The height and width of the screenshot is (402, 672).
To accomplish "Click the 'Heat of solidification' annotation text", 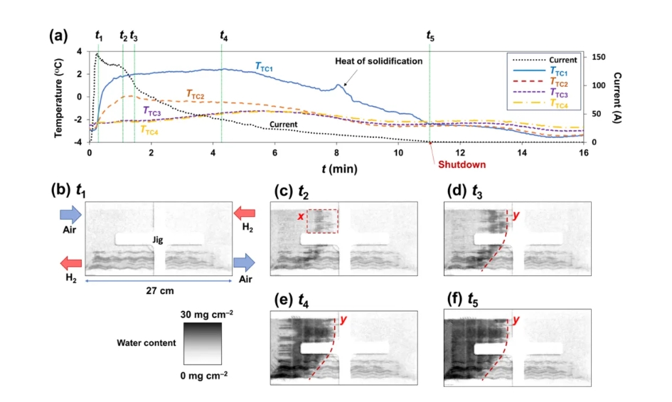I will tap(378, 61).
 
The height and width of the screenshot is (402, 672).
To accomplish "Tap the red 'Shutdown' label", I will tap(457, 164).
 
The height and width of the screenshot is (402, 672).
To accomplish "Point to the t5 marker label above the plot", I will tap(430, 35).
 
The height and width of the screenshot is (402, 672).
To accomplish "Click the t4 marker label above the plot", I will tap(224, 35).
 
